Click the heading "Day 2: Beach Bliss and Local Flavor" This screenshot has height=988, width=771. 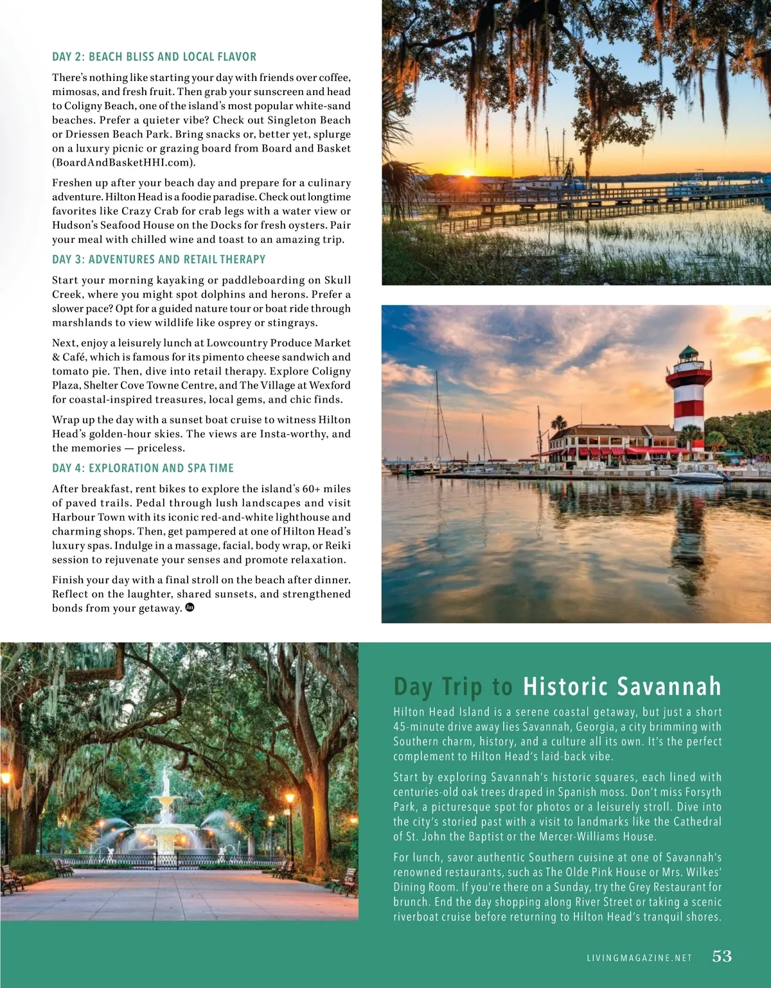pos(154,57)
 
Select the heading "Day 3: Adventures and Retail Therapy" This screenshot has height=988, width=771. pos(159,260)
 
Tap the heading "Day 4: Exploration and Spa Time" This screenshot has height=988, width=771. pos(143,468)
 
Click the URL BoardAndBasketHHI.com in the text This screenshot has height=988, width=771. pos(123,163)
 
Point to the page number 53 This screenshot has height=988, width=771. pos(722,957)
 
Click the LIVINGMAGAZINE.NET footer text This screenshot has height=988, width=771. pos(639,958)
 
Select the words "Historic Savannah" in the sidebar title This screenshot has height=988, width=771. pos(622,687)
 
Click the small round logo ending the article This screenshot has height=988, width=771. pos(190,607)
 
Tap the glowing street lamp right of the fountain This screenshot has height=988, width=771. pos(289,799)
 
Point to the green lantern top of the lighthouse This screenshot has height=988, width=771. pos(689,352)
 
